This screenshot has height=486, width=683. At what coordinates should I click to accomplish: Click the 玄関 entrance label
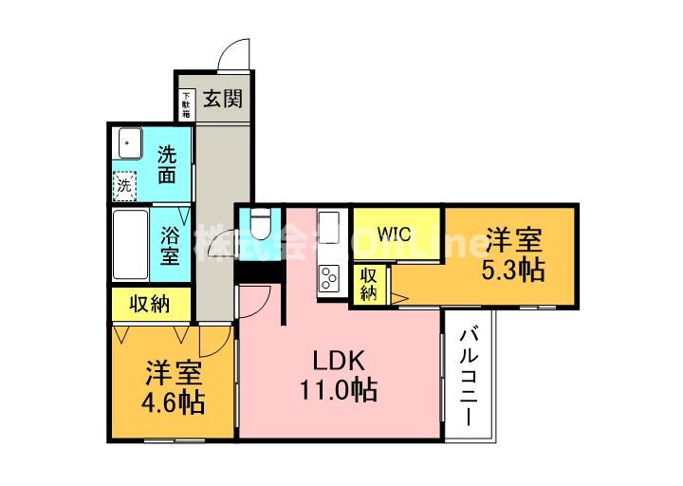click(224, 98)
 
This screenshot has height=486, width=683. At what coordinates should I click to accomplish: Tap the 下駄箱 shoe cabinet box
click(186, 102)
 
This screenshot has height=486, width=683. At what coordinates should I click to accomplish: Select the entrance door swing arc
click(231, 53)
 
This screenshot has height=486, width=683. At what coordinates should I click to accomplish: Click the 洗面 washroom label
click(167, 163)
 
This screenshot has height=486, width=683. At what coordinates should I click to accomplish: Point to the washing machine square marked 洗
click(125, 186)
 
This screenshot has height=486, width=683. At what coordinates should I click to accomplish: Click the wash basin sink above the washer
click(126, 145)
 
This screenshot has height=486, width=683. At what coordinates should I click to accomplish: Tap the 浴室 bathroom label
click(169, 244)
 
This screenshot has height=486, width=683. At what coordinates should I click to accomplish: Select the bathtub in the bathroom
click(130, 244)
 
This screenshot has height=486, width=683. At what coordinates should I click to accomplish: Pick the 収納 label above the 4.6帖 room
click(149, 304)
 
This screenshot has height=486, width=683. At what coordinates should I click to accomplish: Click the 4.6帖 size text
click(173, 402)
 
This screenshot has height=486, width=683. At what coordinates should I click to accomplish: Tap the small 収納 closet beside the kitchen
click(368, 284)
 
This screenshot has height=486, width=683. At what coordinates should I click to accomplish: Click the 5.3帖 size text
click(512, 269)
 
